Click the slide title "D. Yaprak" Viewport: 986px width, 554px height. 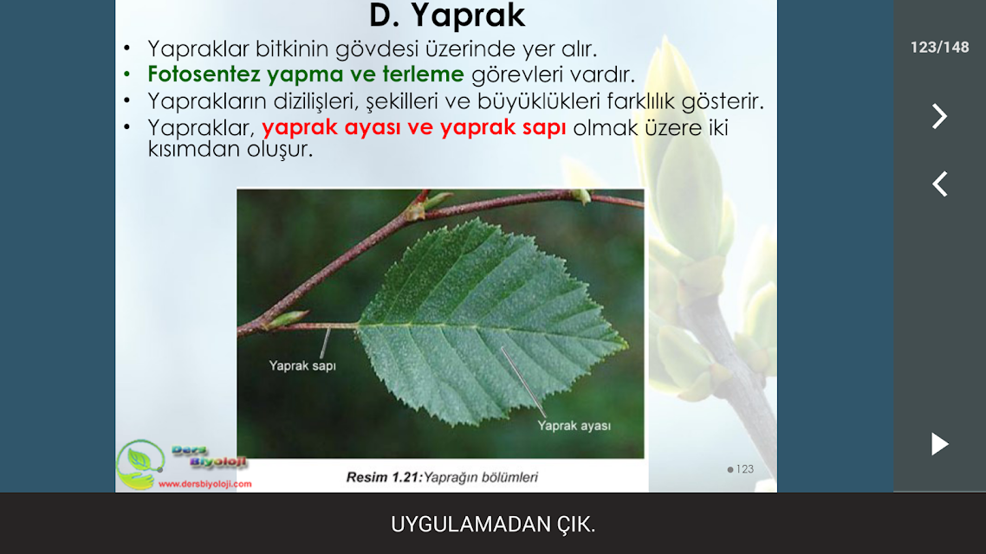point(447,16)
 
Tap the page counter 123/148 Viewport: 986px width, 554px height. point(939,48)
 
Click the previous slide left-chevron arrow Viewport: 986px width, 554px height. point(939,184)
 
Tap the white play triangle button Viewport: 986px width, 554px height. point(939,444)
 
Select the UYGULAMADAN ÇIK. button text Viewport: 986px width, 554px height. point(493,525)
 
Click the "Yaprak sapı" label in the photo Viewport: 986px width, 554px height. point(302,365)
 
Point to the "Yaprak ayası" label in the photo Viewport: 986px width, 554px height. point(574,426)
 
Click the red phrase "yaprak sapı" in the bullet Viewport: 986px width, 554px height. point(503,127)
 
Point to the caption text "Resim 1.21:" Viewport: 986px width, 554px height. point(384,477)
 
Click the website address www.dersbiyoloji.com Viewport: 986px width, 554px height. point(205,484)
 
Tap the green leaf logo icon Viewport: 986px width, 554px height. point(139,464)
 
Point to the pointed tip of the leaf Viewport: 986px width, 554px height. point(627,344)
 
